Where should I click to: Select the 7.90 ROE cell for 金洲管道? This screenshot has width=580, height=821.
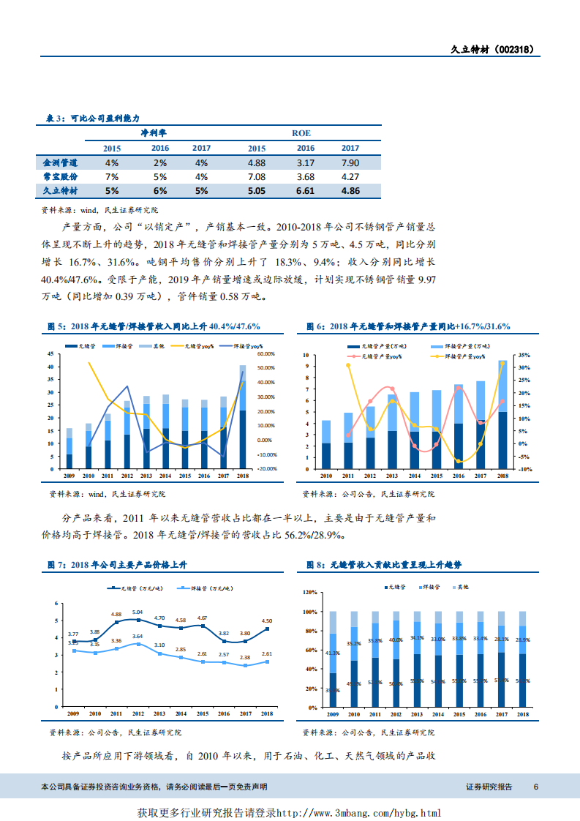click(350, 162)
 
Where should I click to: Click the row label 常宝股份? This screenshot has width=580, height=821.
click(60, 176)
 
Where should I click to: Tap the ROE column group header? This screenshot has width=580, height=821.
click(301, 133)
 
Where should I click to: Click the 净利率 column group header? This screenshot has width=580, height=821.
click(154, 133)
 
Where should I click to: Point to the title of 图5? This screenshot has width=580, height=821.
click(154, 326)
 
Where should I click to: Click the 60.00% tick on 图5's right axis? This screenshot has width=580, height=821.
click(266, 354)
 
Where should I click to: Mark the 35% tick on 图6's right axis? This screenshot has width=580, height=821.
click(523, 354)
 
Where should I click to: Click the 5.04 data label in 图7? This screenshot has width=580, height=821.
click(138, 612)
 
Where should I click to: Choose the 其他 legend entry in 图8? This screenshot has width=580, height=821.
click(462, 588)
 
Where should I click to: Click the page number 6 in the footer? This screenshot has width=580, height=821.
click(536, 787)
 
